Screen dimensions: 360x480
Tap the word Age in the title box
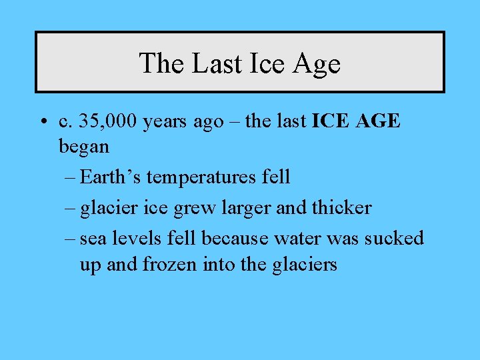tap(316, 64)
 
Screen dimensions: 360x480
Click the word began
tap(84, 146)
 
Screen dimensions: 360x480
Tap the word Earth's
tap(111, 177)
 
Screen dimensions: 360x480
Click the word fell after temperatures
tap(276, 177)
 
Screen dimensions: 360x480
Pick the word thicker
tap(341, 207)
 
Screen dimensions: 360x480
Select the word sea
tap(95, 239)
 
